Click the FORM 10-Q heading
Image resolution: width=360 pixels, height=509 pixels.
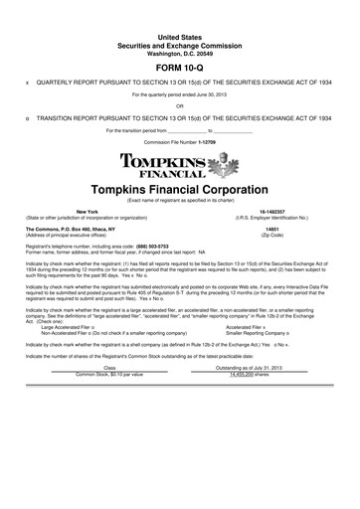tap(180, 67)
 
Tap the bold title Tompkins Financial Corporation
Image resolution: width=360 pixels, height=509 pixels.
tap(180, 189)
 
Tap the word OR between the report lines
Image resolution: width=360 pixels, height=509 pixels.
tap(180, 105)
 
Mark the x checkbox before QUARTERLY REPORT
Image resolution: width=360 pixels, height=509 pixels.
tap(27, 84)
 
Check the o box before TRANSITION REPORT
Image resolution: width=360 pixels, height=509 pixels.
tap(27, 116)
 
